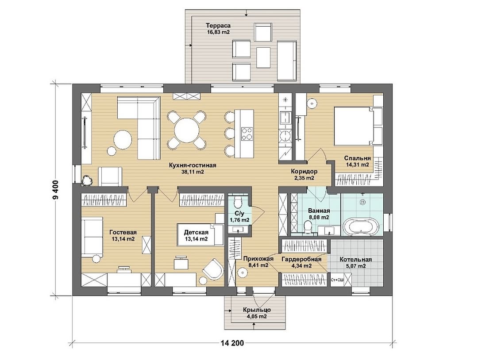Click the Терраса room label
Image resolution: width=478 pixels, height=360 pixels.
pos(218,26)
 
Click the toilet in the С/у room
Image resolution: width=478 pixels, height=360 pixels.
pos(238,201)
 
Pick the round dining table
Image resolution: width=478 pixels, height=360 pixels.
pos(187,130)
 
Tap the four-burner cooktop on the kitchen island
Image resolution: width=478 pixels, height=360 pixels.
pos(247,134)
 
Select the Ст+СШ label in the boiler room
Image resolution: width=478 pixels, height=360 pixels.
pos(336,280)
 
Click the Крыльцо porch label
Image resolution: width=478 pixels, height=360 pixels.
pos(257,310)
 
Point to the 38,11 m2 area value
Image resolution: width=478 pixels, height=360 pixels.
pos(193,172)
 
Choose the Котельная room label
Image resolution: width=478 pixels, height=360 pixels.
pos(355,260)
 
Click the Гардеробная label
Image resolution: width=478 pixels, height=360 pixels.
pos(301,259)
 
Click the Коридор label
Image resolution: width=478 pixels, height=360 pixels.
pos(304,172)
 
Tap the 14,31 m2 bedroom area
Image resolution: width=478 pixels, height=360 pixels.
pos(357,165)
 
